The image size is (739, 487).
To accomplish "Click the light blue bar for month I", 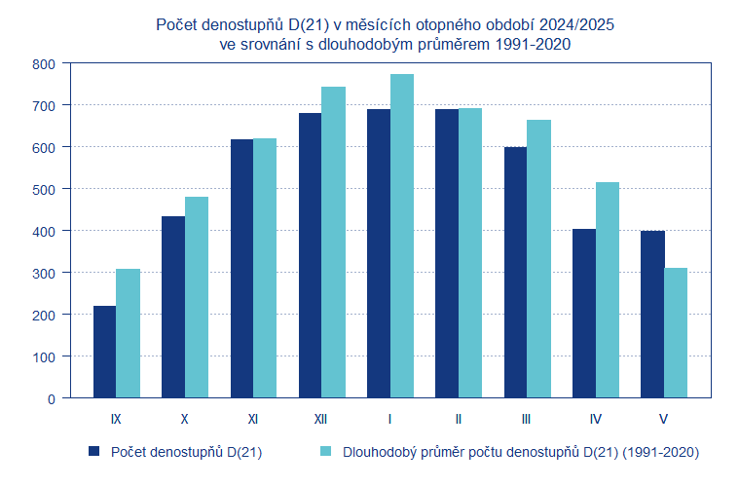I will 402,236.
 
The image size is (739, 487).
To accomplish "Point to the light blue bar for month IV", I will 608,290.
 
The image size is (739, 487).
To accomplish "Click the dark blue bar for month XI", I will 241,269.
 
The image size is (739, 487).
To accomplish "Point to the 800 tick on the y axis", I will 45,63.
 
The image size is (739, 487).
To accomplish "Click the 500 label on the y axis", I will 45,189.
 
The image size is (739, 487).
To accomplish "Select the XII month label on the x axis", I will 320,420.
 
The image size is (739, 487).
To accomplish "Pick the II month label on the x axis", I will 458,420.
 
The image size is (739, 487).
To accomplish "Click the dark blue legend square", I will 94,451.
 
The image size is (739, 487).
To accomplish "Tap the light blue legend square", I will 326,451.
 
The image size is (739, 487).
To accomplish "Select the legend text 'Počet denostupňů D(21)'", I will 186,452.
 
